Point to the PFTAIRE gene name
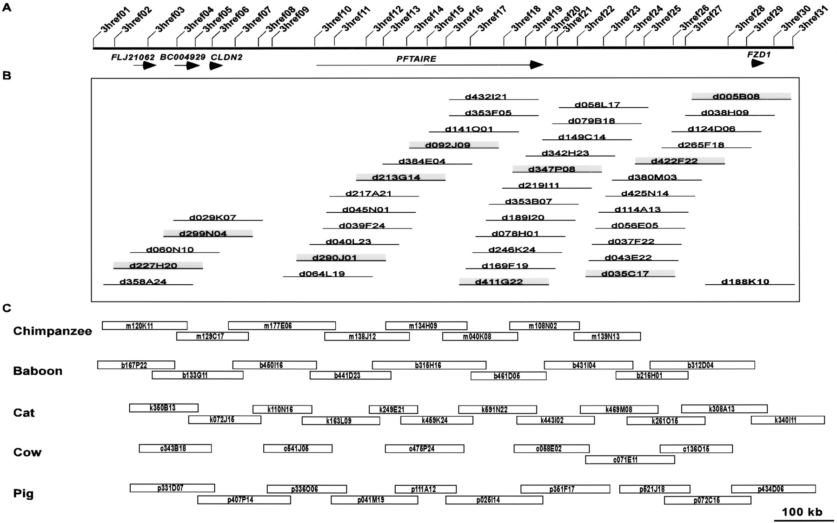point(416,59)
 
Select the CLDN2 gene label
point(226,57)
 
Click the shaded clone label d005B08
point(736,97)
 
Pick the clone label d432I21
point(486,97)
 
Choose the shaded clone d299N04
point(203,234)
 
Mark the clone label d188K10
point(745,281)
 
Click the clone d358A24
point(143,281)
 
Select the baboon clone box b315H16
point(429,365)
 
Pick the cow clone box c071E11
point(630,460)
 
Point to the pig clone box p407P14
point(244,500)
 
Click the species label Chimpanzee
point(53,331)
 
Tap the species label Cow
point(27,452)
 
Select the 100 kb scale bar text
point(802,512)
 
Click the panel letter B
point(7,76)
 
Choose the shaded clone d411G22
point(498,281)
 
